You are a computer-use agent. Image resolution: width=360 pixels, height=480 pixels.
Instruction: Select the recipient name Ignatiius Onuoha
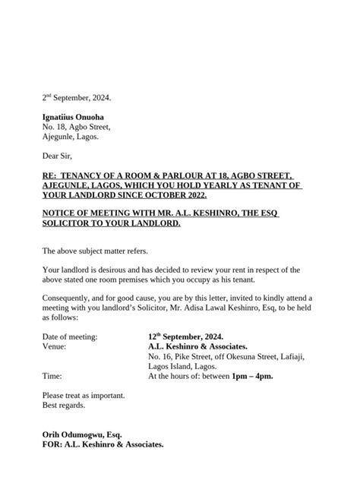coord(73,117)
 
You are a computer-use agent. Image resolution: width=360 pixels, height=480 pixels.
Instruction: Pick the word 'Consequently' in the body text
coord(67,299)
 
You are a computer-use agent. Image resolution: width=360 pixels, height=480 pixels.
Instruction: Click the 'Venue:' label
coord(55,346)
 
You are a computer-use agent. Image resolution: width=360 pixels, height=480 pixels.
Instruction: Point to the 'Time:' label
coord(52,375)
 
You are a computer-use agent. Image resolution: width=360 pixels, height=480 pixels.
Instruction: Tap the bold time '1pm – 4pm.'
coord(254,375)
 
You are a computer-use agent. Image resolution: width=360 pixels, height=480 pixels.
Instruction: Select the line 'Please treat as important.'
coord(83,396)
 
